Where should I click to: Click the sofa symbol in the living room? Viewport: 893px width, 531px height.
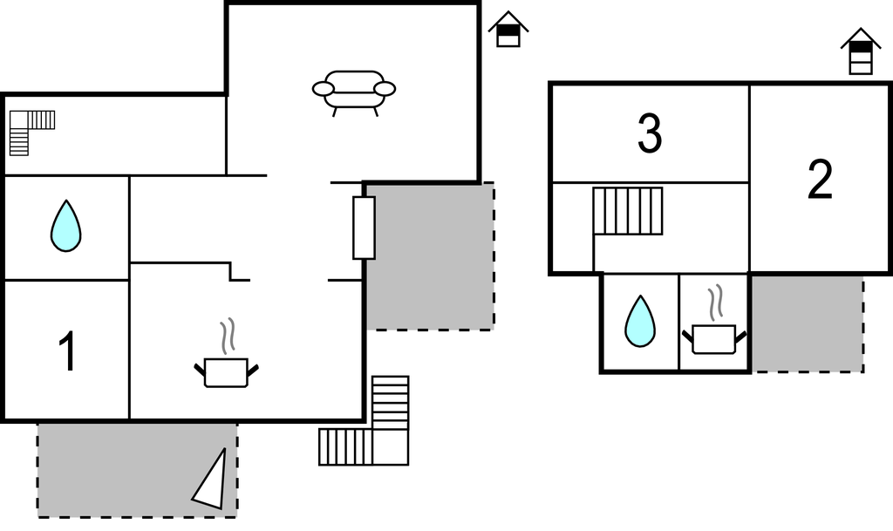pos(354,91)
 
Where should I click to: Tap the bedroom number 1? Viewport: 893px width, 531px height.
pos(67,352)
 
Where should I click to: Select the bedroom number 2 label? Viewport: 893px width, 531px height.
pos(820,180)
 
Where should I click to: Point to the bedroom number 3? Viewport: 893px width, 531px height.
pos(650,133)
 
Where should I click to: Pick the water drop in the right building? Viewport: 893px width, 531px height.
pos(640,320)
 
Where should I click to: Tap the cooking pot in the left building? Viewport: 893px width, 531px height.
pos(226,371)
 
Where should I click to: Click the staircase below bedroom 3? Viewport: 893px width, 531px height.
pos(627,211)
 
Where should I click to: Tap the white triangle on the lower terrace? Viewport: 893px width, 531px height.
pos(213,482)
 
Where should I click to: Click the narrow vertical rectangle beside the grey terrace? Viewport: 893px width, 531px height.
pos(364,228)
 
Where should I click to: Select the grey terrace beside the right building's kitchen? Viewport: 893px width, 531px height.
pos(807,323)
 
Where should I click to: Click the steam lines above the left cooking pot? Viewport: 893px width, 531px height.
pos(228,337)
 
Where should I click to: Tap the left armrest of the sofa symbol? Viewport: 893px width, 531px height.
pos(324,88)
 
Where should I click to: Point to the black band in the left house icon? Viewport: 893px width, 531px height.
pos(508,28)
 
